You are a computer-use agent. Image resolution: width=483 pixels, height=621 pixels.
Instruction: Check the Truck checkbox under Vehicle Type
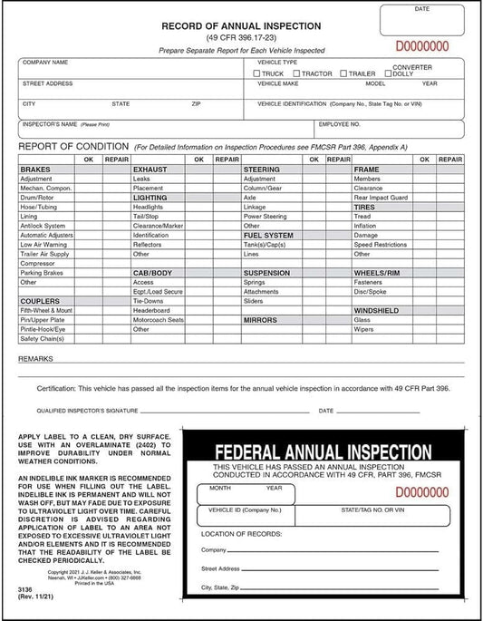258,73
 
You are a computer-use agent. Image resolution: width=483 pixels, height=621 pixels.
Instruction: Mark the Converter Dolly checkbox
389,73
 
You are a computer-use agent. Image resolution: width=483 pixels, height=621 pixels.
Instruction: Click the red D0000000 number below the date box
421,44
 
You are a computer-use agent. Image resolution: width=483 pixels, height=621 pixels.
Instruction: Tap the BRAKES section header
34,170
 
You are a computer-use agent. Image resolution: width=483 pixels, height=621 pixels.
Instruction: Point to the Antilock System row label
43,226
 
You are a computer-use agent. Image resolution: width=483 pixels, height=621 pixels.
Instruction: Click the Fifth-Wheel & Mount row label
46,310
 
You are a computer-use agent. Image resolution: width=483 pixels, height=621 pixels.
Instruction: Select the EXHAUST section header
150,170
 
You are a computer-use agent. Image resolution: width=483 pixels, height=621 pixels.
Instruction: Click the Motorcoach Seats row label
158,320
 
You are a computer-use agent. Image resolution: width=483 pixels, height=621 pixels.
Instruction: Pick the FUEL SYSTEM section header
267,235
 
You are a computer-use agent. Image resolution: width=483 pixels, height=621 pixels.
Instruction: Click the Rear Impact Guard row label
381,198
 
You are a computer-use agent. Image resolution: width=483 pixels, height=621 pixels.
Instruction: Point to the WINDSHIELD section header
377,310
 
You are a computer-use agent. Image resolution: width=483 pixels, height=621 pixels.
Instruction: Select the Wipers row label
362,329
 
